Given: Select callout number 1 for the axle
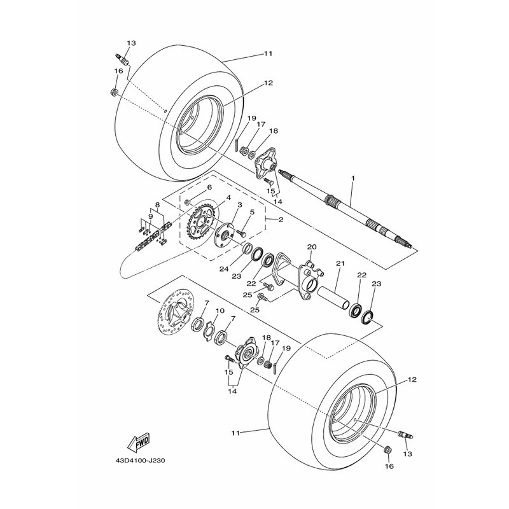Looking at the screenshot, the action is (353, 178).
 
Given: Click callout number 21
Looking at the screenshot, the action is (340, 263).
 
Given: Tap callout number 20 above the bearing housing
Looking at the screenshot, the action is (312, 247).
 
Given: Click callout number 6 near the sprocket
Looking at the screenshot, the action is (209, 187).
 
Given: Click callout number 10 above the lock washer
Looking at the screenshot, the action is (220, 310).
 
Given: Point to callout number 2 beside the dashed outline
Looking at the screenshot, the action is (281, 220).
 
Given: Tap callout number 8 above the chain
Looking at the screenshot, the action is (157, 205).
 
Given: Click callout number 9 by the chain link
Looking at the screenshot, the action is (150, 216).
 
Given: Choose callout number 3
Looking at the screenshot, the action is (240, 205).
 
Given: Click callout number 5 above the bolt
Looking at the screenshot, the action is (252, 213).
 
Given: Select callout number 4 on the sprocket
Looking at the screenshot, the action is (228, 197).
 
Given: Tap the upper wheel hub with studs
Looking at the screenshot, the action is (265, 165).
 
